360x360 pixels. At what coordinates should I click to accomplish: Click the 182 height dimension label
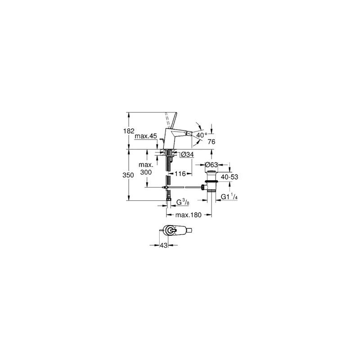[129, 131]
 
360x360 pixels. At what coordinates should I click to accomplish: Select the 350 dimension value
[128, 175]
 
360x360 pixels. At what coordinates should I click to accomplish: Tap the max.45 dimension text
[146, 136]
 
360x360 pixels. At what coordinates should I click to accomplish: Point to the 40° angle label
[202, 135]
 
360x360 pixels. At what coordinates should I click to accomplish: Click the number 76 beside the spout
[211, 142]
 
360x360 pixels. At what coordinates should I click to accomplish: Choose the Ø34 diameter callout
[187, 155]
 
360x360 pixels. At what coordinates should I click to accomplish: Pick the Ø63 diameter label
[211, 165]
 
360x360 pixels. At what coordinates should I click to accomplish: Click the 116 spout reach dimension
[180, 174]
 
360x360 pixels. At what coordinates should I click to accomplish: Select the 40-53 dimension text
[229, 177]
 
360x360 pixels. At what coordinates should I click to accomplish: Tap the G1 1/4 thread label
[229, 197]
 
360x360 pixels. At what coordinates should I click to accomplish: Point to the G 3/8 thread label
[183, 202]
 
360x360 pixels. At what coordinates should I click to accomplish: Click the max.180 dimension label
[188, 215]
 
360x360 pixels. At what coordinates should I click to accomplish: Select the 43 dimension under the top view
[163, 245]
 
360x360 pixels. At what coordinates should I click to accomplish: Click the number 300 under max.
[146, 172]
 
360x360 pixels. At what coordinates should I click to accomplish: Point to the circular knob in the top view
[171, 230]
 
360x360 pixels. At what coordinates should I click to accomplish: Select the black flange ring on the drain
[211, 182]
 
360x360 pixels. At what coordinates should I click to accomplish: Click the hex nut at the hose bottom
[169, 199]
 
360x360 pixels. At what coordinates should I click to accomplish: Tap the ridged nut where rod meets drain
[203, 187]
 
